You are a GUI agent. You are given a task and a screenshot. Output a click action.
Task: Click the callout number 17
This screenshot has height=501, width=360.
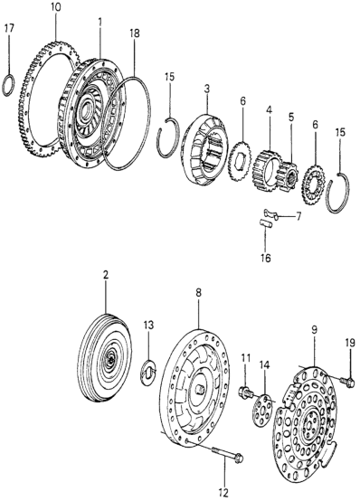pos(9,28)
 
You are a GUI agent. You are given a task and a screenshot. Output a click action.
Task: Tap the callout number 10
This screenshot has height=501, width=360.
pos(55,7)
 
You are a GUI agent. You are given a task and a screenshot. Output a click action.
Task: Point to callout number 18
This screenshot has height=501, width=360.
pos(135,33)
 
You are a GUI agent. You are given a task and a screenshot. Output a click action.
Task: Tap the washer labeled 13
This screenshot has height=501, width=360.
pos(148,373)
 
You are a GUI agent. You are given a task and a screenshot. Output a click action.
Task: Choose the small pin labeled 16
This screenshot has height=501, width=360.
pos(266,223)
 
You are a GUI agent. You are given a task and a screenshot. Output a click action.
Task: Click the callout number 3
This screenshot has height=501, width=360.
pos(207,90)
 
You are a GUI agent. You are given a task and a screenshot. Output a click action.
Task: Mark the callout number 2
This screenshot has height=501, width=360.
pos(106,275)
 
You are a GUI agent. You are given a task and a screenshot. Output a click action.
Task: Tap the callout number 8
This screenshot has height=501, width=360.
pos(199,293)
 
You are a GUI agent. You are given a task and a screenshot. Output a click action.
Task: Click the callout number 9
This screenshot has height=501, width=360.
pos(314,330)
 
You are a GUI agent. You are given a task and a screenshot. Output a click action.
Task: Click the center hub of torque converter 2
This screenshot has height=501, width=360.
pos(110,359)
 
